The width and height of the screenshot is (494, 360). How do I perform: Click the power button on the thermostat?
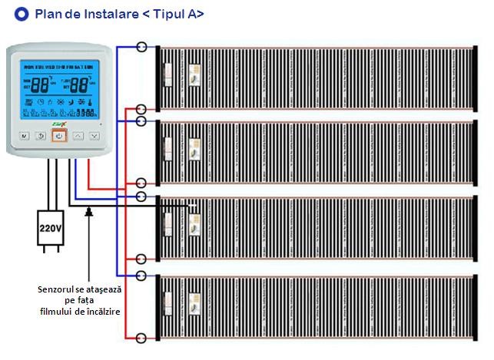pos(60,137)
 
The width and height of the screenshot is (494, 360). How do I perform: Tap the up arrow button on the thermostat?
pos(78,137)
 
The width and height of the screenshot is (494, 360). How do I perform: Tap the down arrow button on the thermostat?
pos(94,137)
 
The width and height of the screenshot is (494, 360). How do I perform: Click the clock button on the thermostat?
pos(41,137)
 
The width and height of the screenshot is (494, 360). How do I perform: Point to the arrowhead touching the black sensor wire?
pos(91,210)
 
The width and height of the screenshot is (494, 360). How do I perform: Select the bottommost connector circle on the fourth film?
pos(141,337)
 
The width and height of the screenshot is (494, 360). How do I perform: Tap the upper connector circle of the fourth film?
pos(141,275)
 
